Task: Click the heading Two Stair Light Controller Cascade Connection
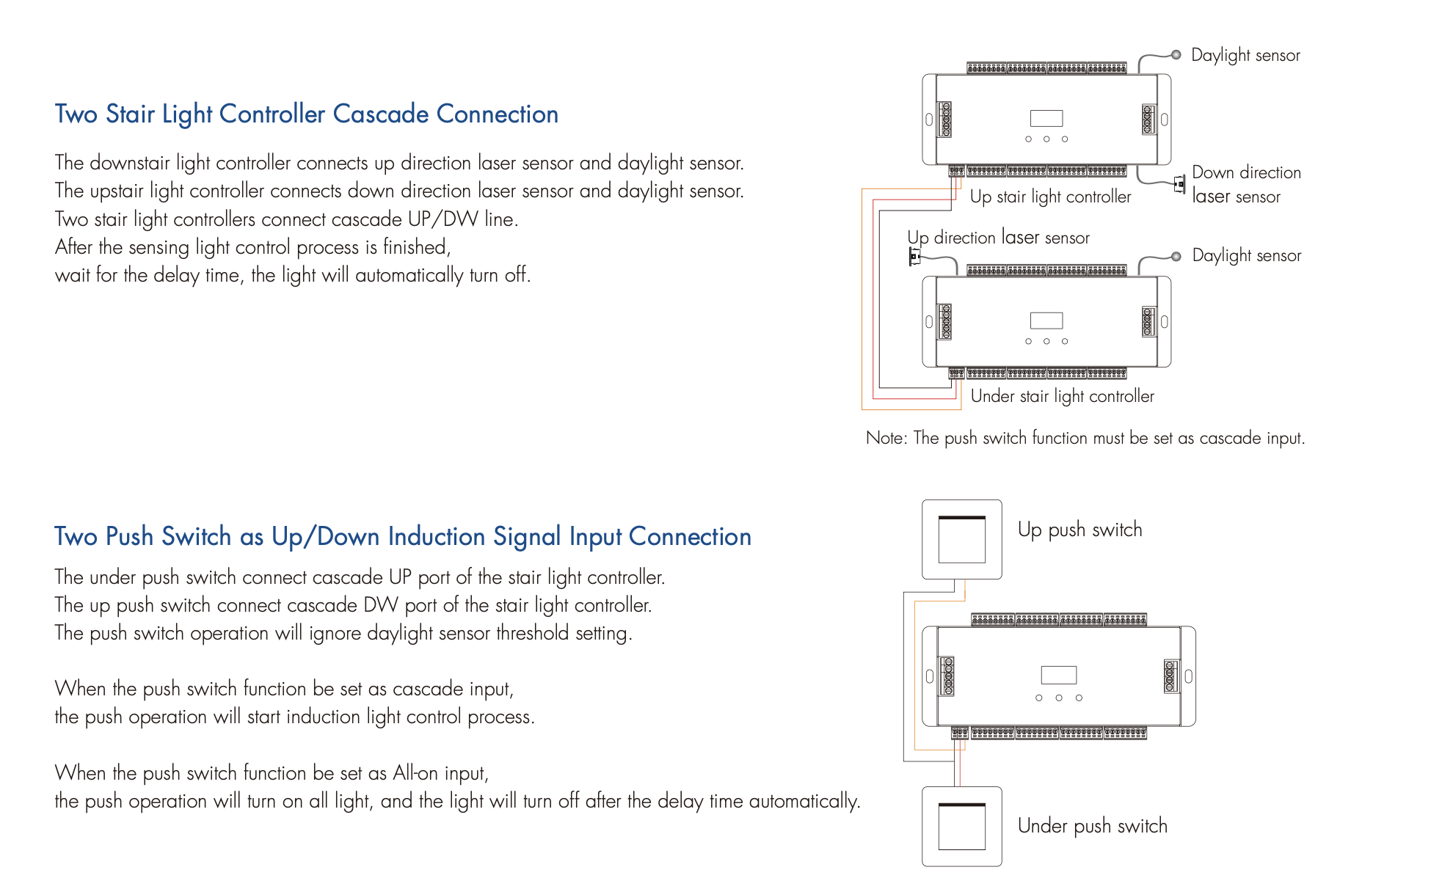point(306,114)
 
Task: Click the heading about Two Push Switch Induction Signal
point(402,537)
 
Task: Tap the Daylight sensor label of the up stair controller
point(1245,56)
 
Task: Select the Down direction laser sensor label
point(1246,184)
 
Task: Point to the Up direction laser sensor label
point(998,238)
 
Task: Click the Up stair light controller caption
point(1050,197)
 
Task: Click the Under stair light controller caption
point(1062,396)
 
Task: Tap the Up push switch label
point(1079,530)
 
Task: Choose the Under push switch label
point(1092,826)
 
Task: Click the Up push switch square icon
point(961,539)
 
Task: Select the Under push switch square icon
point(961,826)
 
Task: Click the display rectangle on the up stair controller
point(1046,118)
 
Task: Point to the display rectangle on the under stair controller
point(1046,321)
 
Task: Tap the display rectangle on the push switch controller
point(1058,675)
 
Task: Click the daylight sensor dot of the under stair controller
point(1176,256)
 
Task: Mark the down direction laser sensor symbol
point(1179,184)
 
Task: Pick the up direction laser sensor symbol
point(914,257)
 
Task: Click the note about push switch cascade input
point(1085,438)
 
